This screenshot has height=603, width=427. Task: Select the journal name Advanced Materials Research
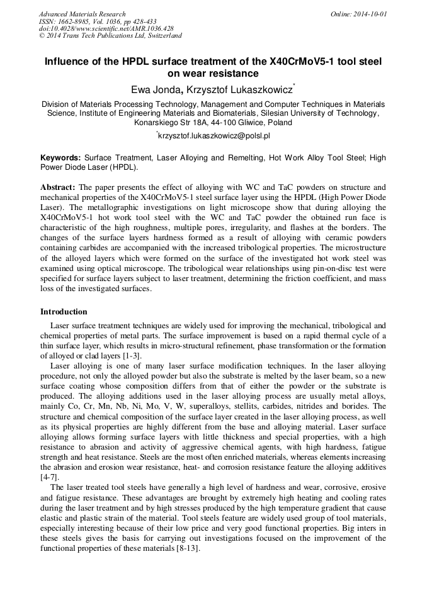pyautogui.click(x=82, y=14)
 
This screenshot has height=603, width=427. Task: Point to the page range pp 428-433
pyautogui.click(x=138, y=21)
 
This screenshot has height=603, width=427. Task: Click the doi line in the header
pyautogui.click(x=106, y=28)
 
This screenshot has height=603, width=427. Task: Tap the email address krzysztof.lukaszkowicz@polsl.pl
pyautogui.click(x=214, y=135)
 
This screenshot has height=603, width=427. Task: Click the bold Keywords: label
pyautogui.click(x=60, y=158)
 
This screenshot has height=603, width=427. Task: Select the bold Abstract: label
pyautogui.click(x=58, y=187)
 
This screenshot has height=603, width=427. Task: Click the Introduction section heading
pyautogui.click(x=64, y=312)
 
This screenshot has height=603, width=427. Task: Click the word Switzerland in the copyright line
pyautogui.click(x=161, y=36)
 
